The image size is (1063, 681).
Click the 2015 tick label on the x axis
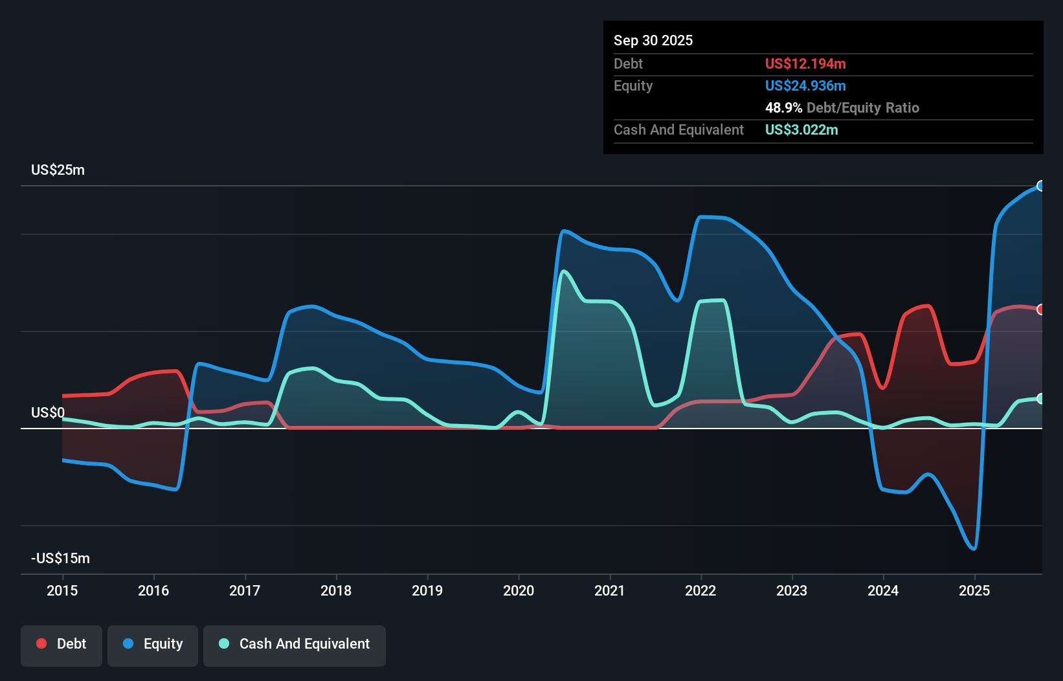tap(62, 590)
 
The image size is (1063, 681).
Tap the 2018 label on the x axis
tap(336, 590)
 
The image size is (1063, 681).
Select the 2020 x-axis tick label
tap(519, 590)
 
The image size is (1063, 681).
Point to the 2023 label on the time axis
tap(792, 590)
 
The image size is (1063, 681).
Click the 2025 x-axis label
tap(974, 590)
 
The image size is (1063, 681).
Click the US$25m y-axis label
tap(58, 170)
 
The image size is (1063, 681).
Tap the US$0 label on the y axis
tap(47, 413)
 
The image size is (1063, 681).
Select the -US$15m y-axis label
tap(60, 559)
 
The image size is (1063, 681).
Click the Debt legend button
tap(62, 644)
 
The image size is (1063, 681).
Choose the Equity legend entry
tap(153, 644)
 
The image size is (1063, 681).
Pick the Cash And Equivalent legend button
tap(295, 644)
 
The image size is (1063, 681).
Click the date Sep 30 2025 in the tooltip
tap(653, 40)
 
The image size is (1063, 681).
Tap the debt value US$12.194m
tap(805, 63)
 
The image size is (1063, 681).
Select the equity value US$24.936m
tap(805, 85)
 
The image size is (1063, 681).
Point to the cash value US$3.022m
tap(801, 129)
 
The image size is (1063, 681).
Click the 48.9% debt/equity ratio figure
tap(783, 107)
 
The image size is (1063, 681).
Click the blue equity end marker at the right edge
tap(1040, 186)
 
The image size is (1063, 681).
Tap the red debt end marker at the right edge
tap(1040, 309)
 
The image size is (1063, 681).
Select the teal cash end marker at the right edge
tap(1040, 399)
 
